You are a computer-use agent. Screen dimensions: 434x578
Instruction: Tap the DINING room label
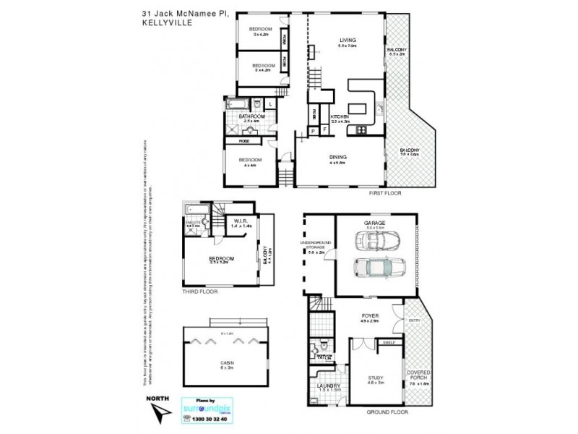pyautogui.click(x=339, y=157)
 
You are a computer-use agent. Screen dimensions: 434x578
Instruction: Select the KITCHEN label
pyautogui.click(x=340, y=116)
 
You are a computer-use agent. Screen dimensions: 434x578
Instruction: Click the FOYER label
pyautogui.click(x=371, y=316)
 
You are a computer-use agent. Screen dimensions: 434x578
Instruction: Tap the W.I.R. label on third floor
pyautogui.click(x=240, y=221)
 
